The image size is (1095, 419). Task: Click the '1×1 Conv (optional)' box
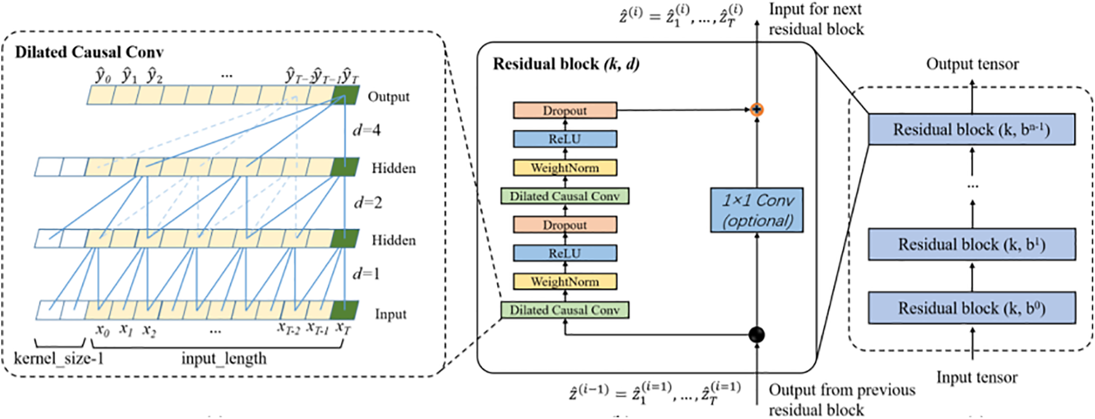pyautogui.click(x=756, y=210)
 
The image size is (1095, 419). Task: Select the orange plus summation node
pyautogui.click(x=756, y=109)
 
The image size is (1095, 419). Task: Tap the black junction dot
pyautogui.click(x=756, y=334)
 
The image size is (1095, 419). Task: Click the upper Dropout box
pyautogui.click(x=564, y=110)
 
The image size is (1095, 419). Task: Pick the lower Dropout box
pyautogui.click(x=564, y=225)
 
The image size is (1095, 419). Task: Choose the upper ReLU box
pyautogui.click(x=564, y=139)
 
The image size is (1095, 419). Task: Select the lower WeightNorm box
pyautogui.click(x=564, y=282)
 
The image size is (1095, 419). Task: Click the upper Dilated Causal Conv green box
pyautogui.click(x=564, y=196)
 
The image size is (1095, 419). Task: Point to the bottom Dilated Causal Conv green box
pyautogui.click(x=564, y=310)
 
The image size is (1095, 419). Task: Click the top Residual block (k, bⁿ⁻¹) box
pyautogui.click(x=971, y=129)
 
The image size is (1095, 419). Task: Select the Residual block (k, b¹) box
pyautogui.click(x=971, y=244)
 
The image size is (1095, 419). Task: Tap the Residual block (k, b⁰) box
pyautogui.click(x=971, y=308)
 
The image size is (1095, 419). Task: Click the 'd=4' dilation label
pyautogui.click(x=366, y=130)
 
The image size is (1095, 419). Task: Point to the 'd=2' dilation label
pyautogui.click(x=367, y=202)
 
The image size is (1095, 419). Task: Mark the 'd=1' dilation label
pyautogui.click(x=366, y=274)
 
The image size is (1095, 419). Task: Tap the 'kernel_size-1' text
pyautogui.click(x=59, y=359)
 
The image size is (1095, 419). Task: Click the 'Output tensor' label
pyautogui.click(x=972, y=64)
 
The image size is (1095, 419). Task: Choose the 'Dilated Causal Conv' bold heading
pyautogui.click(x=89, y=52)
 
